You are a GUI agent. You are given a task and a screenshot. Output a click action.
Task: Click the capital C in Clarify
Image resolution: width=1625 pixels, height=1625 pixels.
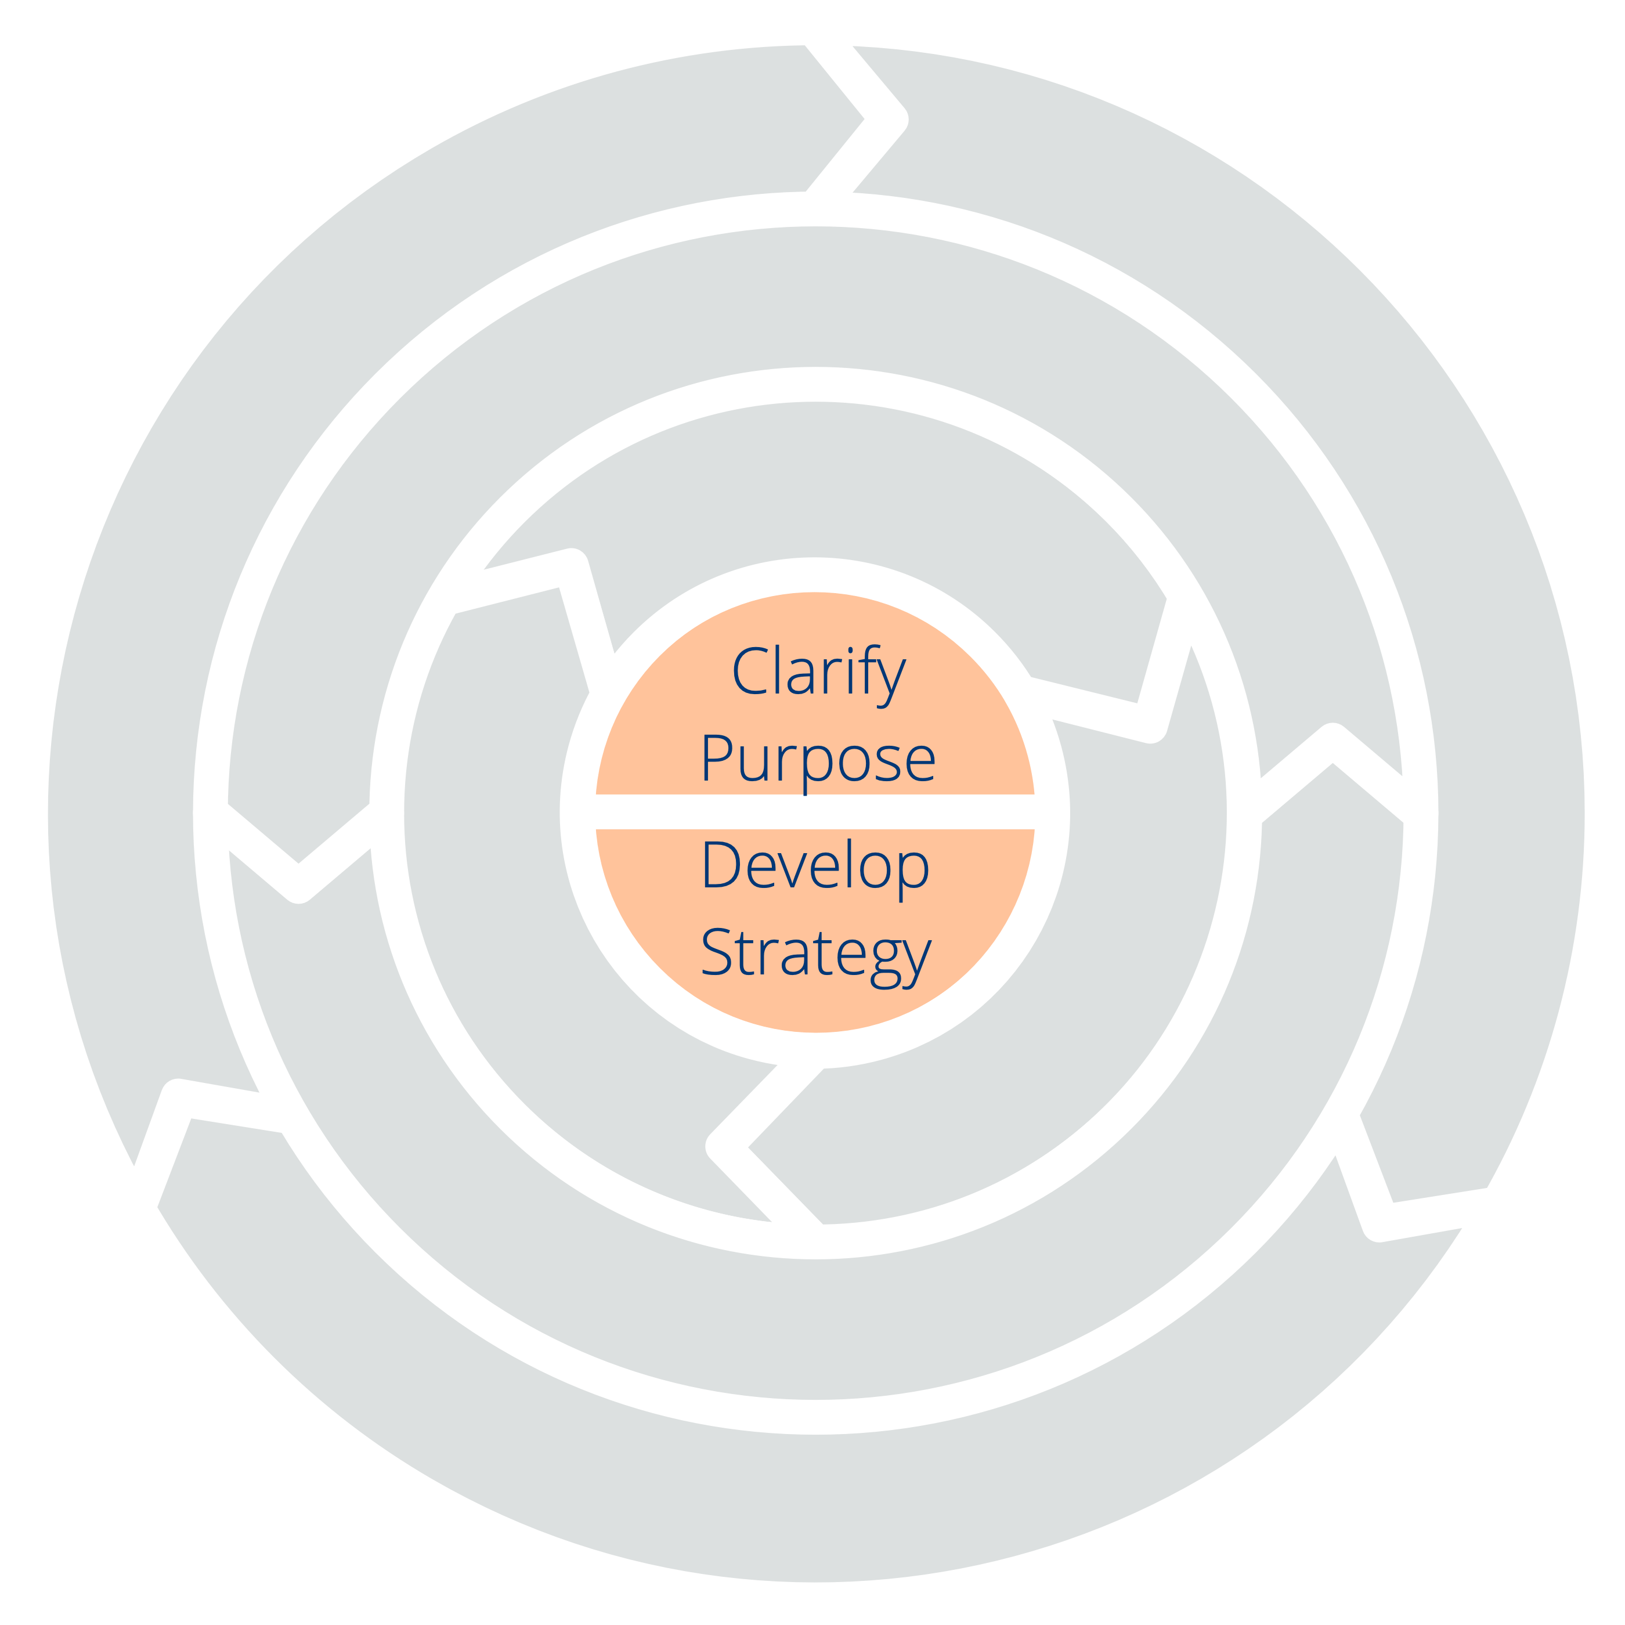click(749, 670)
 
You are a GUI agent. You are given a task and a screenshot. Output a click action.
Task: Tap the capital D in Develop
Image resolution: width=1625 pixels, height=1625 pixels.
click(721, 864)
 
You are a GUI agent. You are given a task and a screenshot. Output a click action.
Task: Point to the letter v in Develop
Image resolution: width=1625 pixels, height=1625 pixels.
click(792, 870)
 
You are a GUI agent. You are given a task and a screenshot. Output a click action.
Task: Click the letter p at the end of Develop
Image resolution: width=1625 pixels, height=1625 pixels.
click(914, 871)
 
